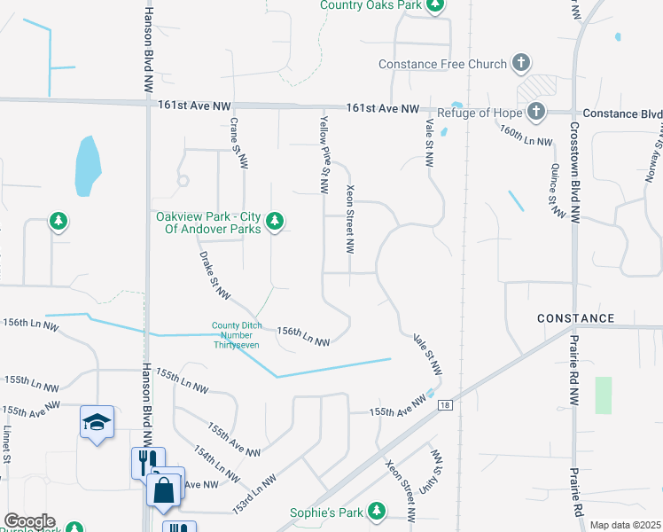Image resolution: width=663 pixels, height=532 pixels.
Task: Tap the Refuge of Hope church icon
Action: tap(535, 112)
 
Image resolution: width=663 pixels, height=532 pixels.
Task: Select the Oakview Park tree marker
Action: tap(275, 220)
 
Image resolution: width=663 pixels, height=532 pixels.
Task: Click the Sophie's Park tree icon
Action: tap(377, 512)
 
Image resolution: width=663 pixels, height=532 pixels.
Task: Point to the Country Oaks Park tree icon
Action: tap(434, 7)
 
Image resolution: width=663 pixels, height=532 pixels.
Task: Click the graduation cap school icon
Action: tap(96, 421)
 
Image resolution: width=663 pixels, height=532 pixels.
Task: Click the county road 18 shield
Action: tap(444, 405)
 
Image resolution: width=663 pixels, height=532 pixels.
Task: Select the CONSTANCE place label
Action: tap(575, 318)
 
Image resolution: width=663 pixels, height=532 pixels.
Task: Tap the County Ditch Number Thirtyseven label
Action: tap(235, 334)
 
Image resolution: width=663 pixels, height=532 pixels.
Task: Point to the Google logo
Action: tap(29, 521)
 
